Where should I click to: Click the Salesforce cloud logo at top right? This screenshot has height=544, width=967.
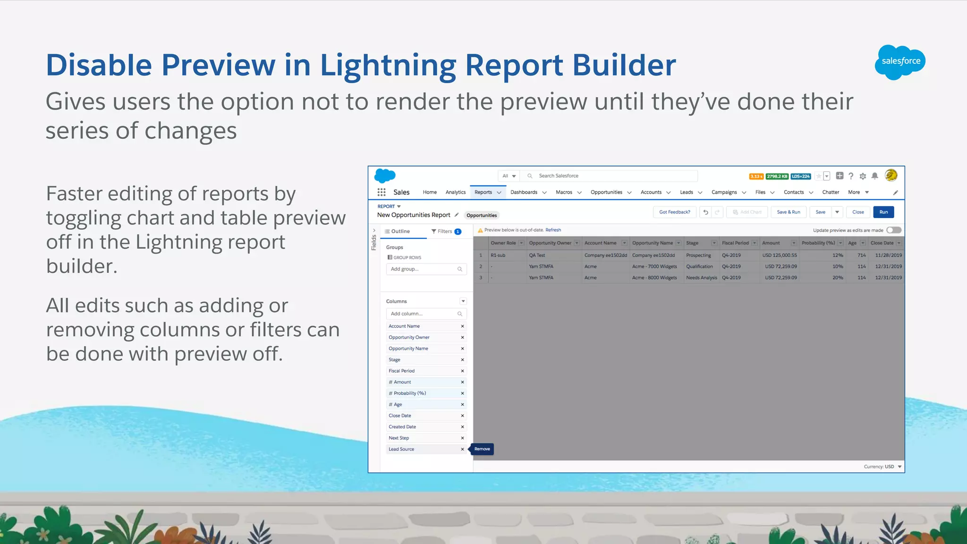click(x=900, y=62)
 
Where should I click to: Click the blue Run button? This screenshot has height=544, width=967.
click(x=883, y=212)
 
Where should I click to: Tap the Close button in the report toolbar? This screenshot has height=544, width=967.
click(x=858, y=212)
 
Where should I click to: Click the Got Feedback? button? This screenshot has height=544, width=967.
click(x=674, y=212)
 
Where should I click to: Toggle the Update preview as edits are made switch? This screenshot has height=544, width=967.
click(x=893, y=230)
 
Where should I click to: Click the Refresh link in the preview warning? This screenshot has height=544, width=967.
click(x=553, y=230)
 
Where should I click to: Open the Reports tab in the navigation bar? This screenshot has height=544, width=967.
click(x=483, y=192)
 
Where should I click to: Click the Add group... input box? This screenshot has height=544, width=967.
click(x=423, y=269)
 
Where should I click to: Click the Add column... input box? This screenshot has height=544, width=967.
click(x=423, y=314)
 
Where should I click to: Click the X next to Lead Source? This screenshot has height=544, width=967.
click(x=462, y=449)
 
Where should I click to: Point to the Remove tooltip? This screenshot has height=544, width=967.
click(x=482, y=449)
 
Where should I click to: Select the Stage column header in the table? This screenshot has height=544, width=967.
click(x=692, y=243)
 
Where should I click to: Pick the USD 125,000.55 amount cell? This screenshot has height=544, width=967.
click(x=779, y=255)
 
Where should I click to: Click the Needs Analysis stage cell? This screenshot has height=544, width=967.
click(x=701, y=278)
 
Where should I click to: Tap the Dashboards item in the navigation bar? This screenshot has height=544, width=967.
click(x=524, y=192)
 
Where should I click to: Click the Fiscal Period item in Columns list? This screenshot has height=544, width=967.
click(x=402, y=371)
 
